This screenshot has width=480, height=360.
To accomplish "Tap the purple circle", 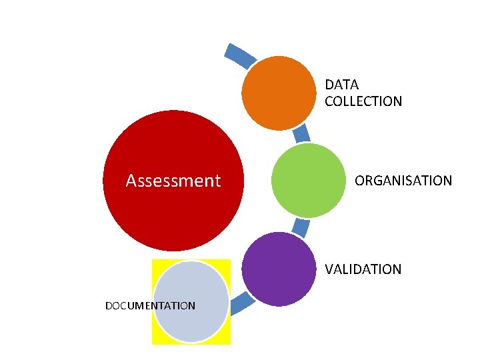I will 278,269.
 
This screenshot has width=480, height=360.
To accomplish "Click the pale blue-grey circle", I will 191,301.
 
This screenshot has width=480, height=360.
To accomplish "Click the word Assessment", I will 173,181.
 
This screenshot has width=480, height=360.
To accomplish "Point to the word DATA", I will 341,85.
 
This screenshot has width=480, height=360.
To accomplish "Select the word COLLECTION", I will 363,101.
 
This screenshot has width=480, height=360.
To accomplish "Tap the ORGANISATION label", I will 403,181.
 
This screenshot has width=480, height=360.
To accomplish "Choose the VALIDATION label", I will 363,269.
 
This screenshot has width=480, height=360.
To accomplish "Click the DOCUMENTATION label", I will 151,306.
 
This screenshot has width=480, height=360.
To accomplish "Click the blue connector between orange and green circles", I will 302,133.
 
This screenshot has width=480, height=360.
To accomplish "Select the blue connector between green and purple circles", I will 301,228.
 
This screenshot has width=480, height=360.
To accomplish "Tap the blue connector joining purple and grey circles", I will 241,303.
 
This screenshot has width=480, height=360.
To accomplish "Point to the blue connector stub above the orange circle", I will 239,55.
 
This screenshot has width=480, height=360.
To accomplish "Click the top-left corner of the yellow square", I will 153,259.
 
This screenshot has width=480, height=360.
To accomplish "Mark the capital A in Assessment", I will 131,181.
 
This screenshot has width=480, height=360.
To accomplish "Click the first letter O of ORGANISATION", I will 360,181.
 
